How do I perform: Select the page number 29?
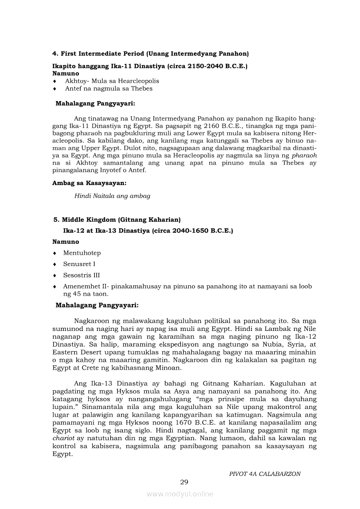click(x=184, y=482)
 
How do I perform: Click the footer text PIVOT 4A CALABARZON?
click(x=265, y=474)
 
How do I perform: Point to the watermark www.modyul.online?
click(x=180, y=494)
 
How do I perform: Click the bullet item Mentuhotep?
click(x=82, y=253)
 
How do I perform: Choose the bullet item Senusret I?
click(x=79, y=264)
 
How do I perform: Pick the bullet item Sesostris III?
click(x=82, y=275)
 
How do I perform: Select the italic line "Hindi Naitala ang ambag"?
click(x=112, y=196)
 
